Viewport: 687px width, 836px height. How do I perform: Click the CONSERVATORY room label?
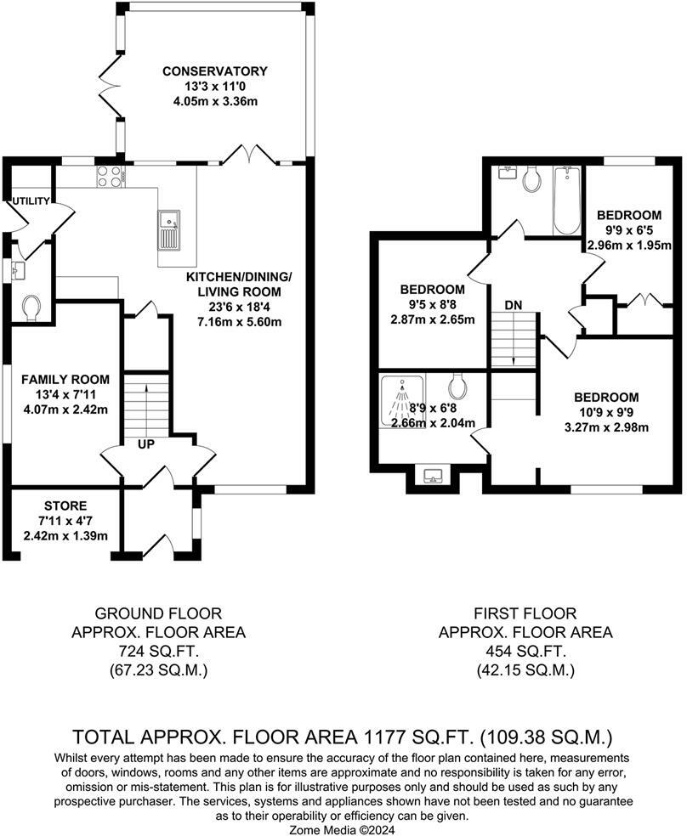(215, 71)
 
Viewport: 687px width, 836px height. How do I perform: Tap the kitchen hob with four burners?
(111, 176)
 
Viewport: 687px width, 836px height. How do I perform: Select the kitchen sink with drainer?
(169, 229)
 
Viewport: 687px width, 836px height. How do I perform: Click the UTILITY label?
(31, 201)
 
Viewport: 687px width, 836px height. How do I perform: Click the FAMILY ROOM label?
(65, 380)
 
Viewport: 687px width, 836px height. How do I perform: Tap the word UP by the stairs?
(145, 443)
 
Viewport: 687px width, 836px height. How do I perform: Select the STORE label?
(65, 506)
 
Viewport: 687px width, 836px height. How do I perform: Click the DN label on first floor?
(514, 306)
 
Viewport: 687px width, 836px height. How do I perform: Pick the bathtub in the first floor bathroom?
(566, 201)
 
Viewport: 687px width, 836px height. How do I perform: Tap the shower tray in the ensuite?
(402, 401)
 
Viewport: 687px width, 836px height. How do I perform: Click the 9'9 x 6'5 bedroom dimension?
(629, 230)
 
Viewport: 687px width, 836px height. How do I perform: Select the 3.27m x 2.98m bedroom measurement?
(606, 427)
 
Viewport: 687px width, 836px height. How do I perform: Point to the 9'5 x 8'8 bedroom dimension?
(432, 305)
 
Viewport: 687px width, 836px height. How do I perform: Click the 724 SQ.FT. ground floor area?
(158, 651)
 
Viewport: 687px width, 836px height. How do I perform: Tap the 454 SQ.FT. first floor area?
(525, 651)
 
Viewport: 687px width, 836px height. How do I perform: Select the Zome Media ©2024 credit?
(342, 829)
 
